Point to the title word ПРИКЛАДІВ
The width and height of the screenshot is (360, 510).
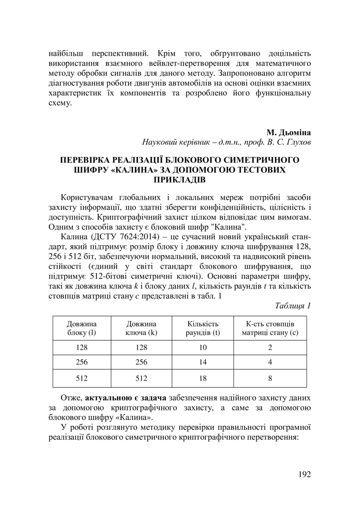coord(179,180)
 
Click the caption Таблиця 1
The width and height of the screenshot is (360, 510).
coord(292,306)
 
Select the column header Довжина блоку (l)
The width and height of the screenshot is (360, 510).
coord(82,328)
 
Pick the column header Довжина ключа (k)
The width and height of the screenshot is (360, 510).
coord(141,328)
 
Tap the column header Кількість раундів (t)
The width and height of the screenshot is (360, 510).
coord(203,328)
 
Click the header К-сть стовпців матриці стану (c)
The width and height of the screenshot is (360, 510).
coord(270,328)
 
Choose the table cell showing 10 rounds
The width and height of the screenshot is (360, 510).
coord(203,348)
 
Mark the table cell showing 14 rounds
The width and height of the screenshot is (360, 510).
coord(203,363)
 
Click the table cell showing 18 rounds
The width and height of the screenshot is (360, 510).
coord(203,378)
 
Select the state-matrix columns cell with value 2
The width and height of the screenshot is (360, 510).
coord(270,348)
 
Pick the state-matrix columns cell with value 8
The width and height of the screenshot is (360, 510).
coord(270,378)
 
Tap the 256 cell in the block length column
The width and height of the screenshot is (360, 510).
coord(82,363)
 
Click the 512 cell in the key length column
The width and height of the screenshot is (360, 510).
coord(141,378)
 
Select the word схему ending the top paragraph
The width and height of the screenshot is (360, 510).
coord(59,103)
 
